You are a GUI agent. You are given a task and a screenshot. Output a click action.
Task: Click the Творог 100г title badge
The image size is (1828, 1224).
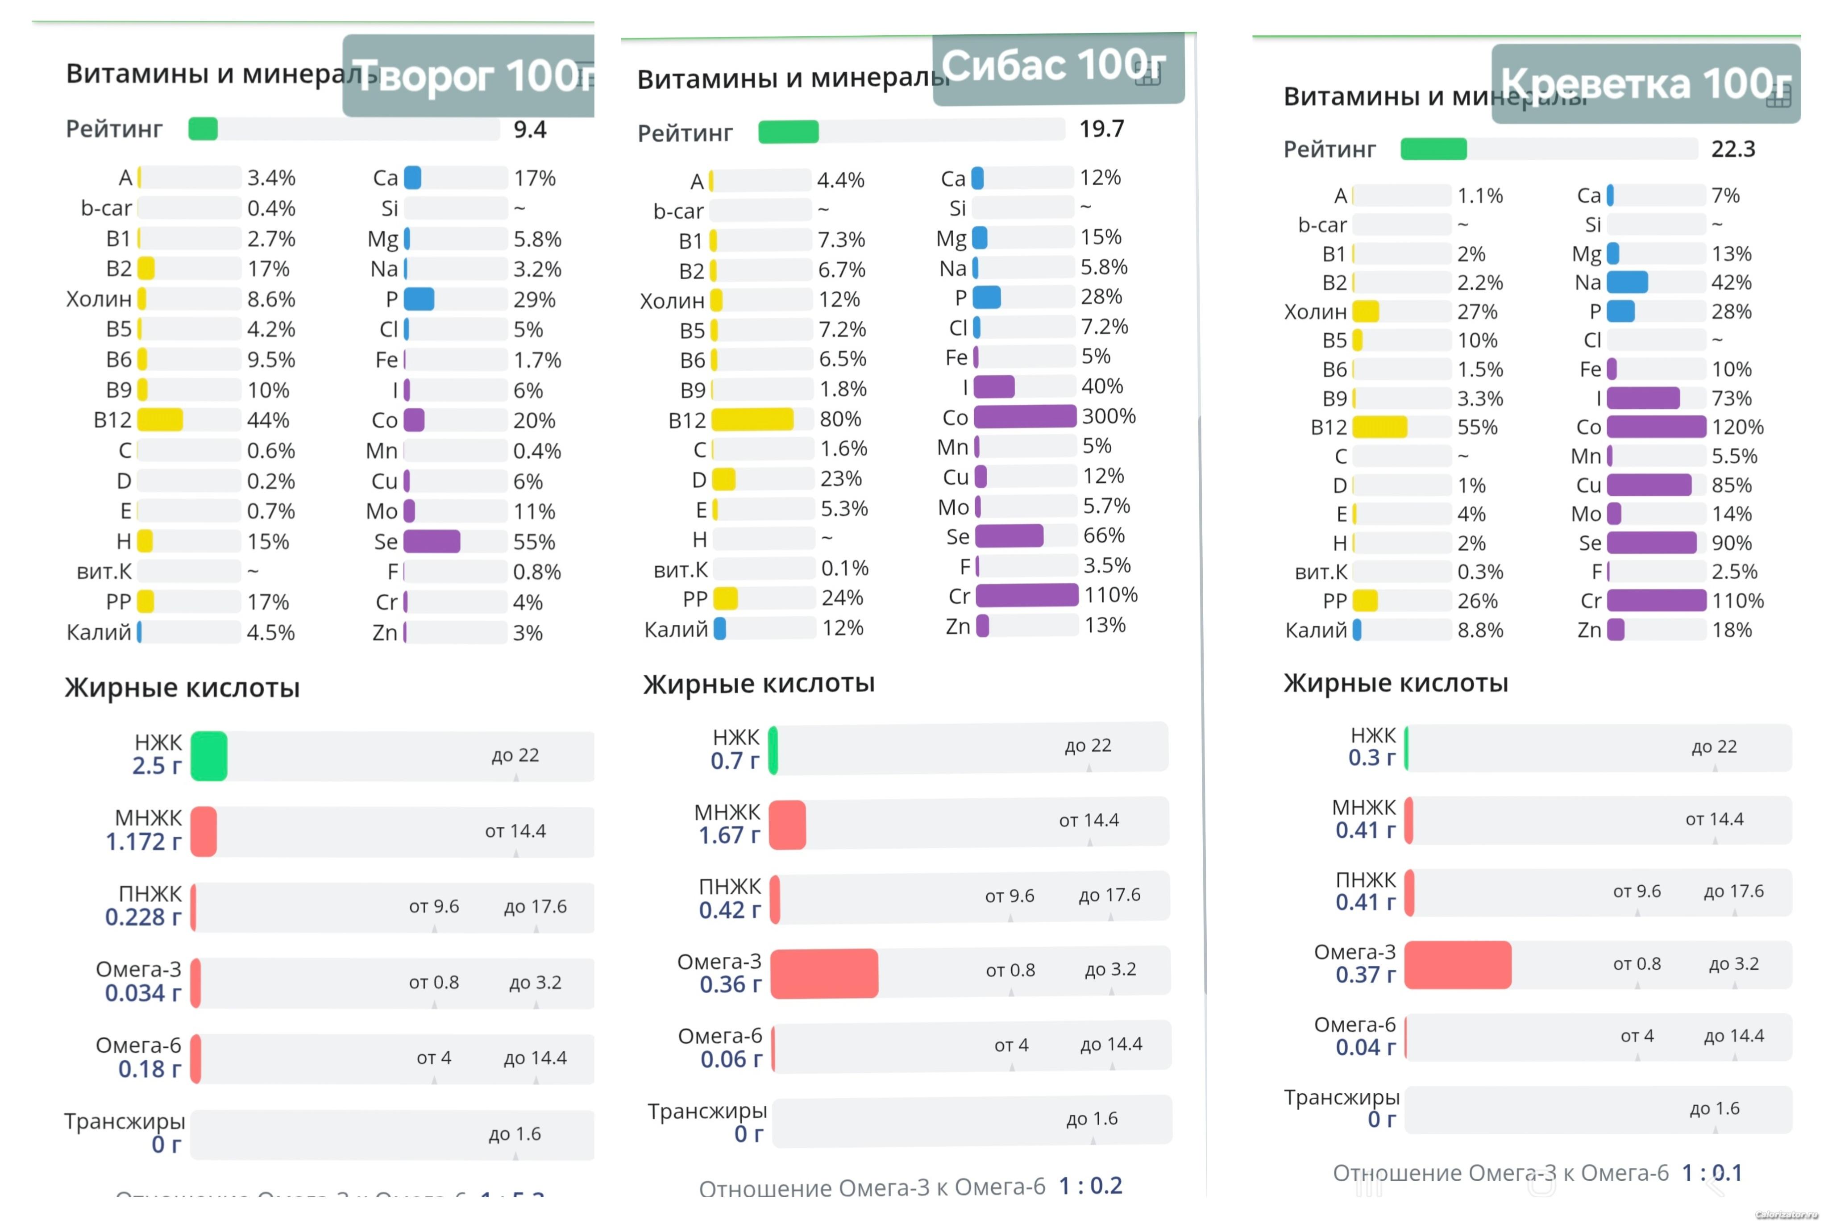tap(468, 76)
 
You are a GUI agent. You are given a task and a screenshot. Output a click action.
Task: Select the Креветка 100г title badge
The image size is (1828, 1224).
tap(1645, 83)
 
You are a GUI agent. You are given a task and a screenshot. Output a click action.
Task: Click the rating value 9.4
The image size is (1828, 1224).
tap(530, 129)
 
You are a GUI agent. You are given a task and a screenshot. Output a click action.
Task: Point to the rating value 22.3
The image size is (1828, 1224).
tap(1733, 149)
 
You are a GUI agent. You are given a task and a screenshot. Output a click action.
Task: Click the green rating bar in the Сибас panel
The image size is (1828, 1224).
tap(788, 132)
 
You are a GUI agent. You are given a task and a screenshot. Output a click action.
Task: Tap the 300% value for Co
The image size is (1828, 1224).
tap(1108, 416)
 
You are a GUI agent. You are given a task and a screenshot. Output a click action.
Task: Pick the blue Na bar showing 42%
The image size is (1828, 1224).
tap(1628, 282)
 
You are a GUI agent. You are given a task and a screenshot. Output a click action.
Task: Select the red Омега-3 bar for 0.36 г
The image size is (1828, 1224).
tap(824, 973)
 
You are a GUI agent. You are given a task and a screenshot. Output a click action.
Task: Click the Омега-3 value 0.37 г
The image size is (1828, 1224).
tap(1365, 975)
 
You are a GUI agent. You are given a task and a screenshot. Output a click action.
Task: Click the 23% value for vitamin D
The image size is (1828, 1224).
tap(841, 478)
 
